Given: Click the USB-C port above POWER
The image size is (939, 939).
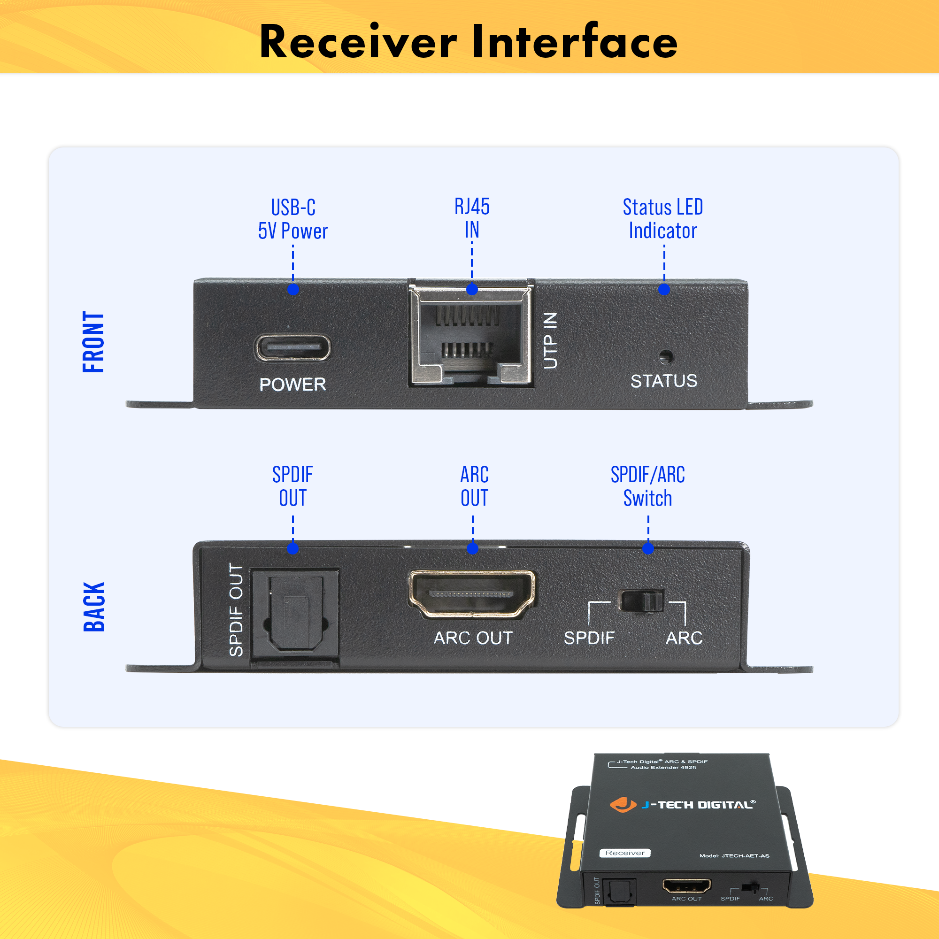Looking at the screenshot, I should click(x=292, y=347).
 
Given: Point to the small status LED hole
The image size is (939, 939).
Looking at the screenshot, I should click(x=665, y=357).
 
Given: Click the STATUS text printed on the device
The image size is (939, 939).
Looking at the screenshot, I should click(x=663, y=381).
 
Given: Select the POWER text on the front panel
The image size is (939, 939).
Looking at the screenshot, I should click(x=292, y=385).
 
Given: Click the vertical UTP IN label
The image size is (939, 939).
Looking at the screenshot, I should click(x=550, y=340).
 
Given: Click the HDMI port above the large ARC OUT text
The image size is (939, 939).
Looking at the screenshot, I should click(x=471, y=594).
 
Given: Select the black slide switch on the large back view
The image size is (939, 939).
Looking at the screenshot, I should click(x=641, y=601).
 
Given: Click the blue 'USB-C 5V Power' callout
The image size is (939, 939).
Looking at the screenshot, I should click(x=292, y=219).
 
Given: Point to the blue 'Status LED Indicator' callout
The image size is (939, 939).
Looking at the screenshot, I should click(x=662, y=219).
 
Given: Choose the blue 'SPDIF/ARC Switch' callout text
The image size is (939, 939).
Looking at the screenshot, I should click(x=647, y=486).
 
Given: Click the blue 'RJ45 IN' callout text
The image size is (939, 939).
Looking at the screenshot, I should click(x=471, y=218).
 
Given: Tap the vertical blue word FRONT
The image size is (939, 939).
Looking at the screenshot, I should click(x=93, y=342).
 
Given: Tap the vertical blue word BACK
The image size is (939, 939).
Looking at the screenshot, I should click(x=94, y=607).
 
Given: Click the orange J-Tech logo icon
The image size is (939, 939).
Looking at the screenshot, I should click(x=623, y=804).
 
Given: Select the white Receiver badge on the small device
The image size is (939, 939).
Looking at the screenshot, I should click(x=624, y=853).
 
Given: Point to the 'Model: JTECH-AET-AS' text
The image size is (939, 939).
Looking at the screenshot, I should click(x=734, y=856).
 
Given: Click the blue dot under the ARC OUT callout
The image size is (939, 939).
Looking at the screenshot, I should click(x=472, y=549).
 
